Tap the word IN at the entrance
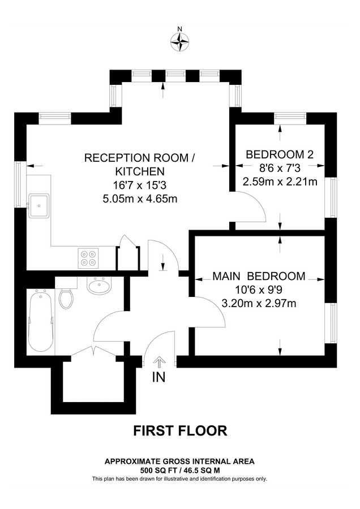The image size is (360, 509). point(159,377)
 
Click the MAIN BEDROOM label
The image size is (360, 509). point(259,277)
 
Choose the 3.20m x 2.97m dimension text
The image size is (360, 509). point(259,303)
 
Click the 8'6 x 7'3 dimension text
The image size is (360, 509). point(280,168)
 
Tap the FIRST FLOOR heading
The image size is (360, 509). point(180,431)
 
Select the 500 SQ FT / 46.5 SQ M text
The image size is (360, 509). point(180,470)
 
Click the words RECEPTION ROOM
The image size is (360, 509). point(140,158)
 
